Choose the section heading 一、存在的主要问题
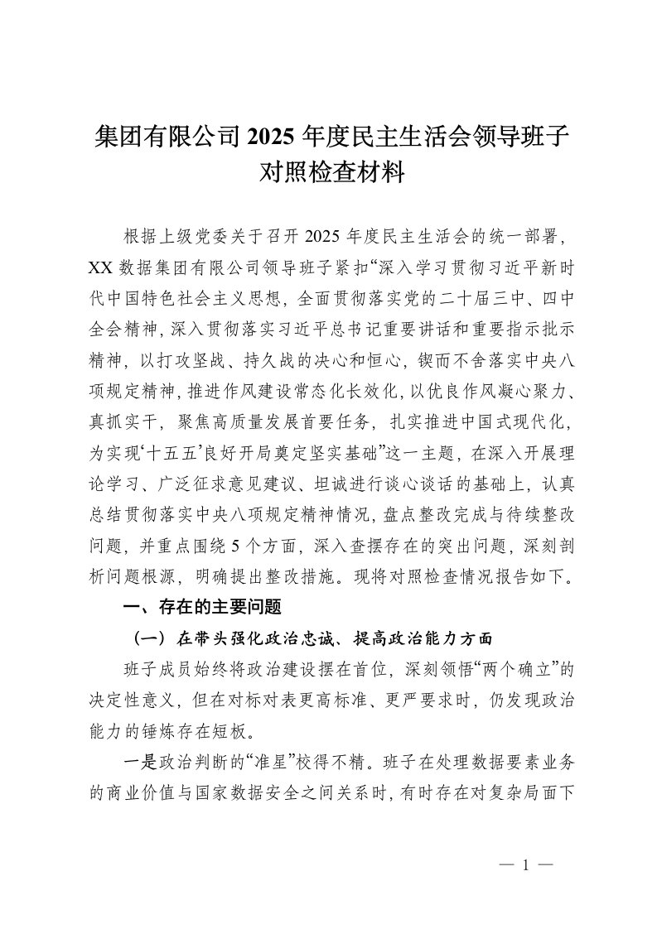click(203, 609)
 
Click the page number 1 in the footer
click(525, 864)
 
